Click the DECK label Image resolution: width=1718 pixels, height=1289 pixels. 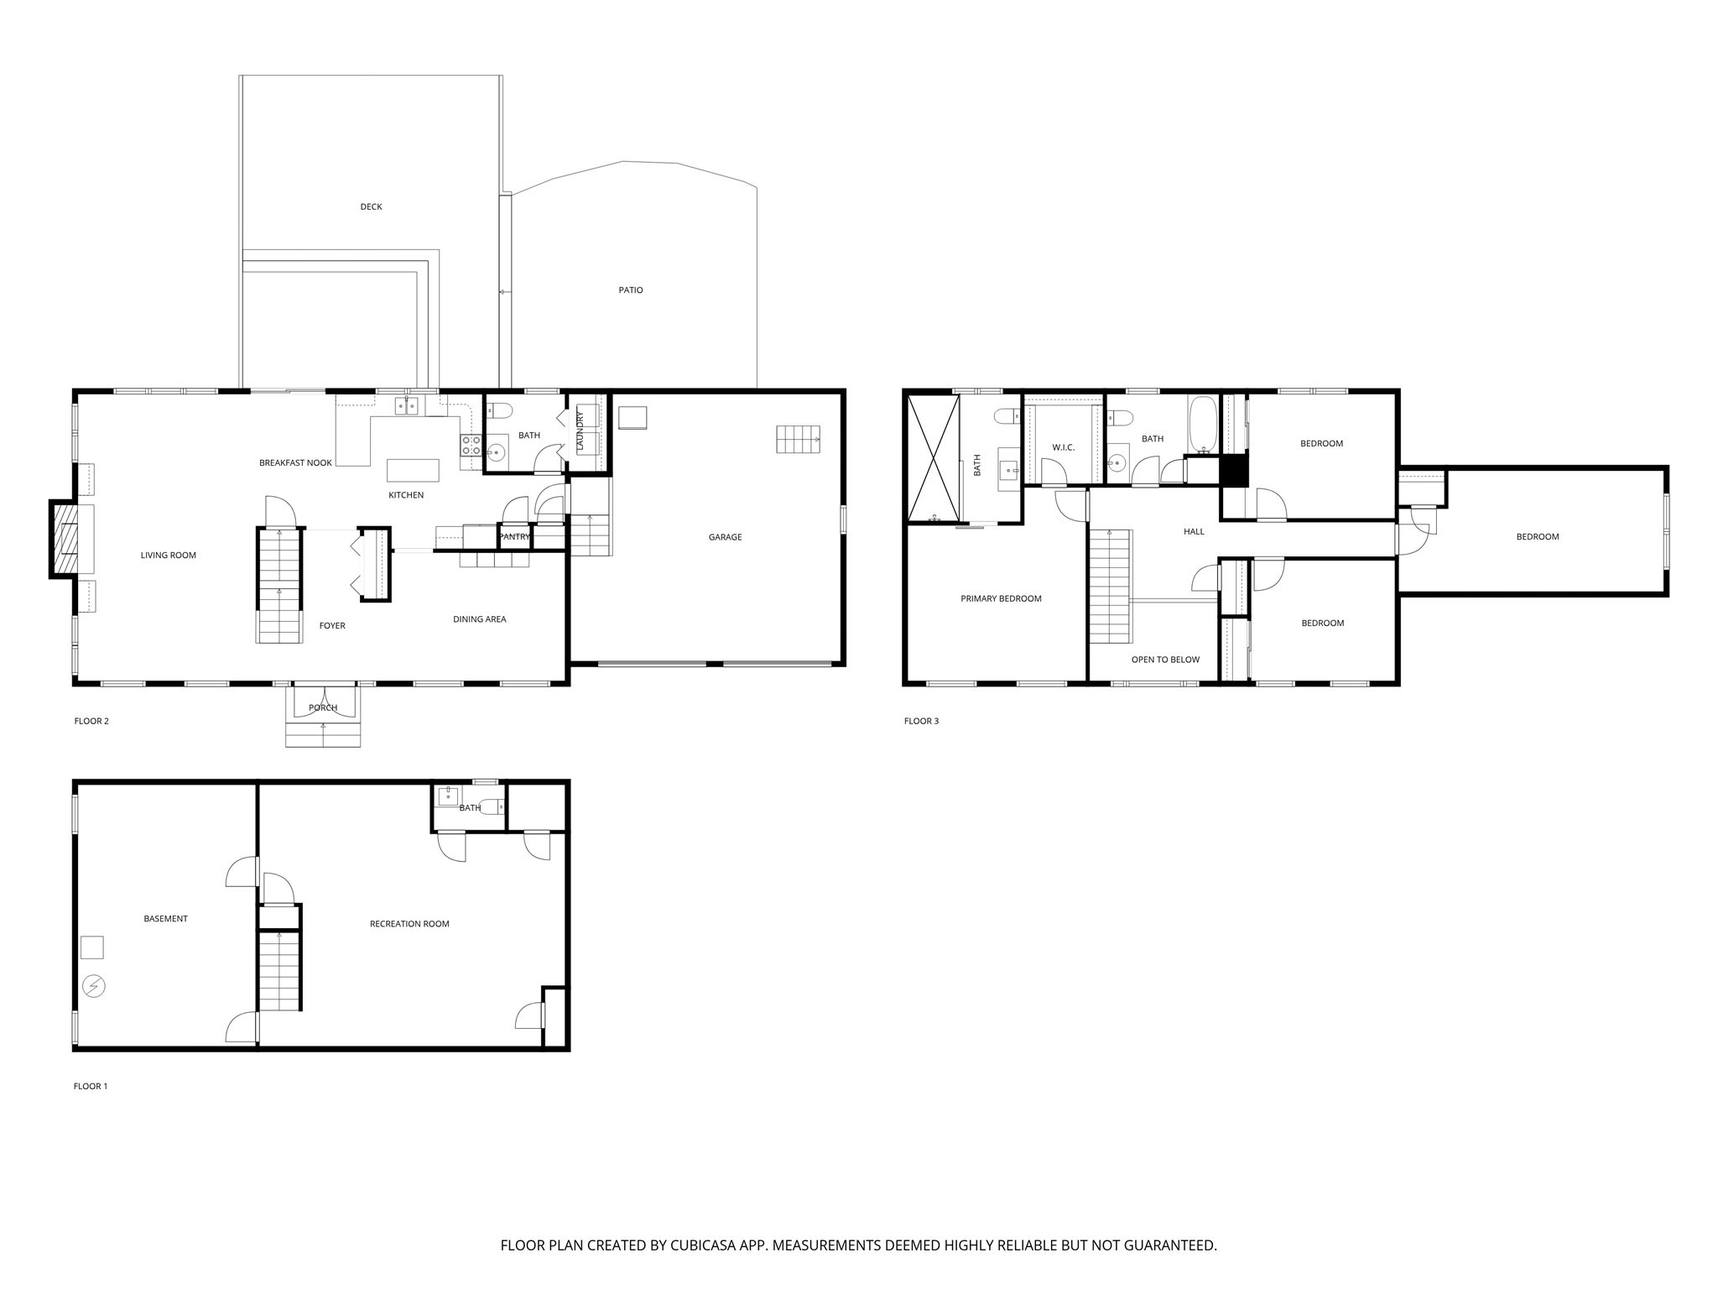371,206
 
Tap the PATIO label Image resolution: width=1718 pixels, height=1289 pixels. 631,290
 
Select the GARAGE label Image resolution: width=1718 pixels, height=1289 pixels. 725,537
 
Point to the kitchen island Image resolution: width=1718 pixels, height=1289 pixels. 412,470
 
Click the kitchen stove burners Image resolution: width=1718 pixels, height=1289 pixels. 471,445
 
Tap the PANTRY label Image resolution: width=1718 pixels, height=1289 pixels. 514,537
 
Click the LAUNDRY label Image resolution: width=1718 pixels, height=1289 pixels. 580,431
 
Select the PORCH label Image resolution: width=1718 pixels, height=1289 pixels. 323,707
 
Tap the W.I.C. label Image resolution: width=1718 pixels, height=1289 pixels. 1063,447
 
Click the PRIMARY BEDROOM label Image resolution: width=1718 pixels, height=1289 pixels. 1001,598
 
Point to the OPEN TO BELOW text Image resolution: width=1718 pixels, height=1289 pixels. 1165,660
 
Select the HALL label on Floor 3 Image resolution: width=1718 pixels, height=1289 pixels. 1194,531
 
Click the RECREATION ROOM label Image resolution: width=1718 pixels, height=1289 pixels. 409,924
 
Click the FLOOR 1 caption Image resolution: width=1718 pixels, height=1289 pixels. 91,1086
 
